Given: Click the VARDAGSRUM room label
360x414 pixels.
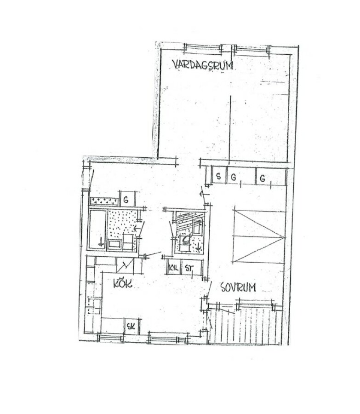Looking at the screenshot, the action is click(202, 65).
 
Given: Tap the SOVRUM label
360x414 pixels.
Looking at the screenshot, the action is click(238, 287).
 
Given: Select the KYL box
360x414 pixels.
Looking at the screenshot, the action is click(174, 267).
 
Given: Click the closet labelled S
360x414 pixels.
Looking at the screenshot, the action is click(219, 175).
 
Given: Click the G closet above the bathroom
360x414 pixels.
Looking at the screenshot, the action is click(128, 199).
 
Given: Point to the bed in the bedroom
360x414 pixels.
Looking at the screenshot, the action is click(258, 236).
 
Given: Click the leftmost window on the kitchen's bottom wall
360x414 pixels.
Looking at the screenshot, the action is click(110, 337).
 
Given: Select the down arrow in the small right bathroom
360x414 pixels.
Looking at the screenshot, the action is click(198, 247).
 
